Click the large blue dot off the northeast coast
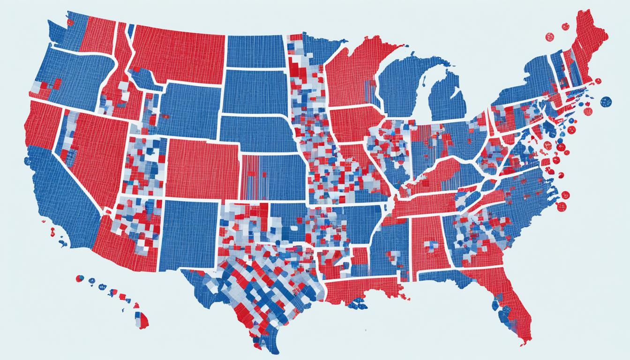point(606,101)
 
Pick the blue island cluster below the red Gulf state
point(359,304)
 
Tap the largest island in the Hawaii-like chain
point(142,321)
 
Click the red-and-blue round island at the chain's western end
point(80,278)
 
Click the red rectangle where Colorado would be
point(202,169)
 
